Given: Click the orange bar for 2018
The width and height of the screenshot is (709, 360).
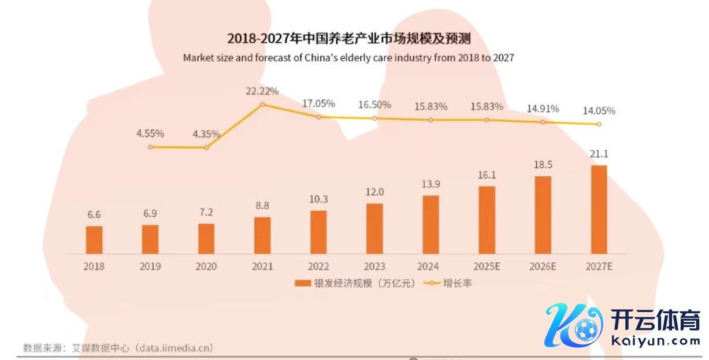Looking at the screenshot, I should (94, 240).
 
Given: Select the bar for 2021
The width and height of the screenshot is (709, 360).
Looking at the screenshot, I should (262, 235).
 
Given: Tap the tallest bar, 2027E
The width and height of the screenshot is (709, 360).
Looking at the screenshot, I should (599, 209).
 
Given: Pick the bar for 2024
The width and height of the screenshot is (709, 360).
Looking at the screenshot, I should (430, 224).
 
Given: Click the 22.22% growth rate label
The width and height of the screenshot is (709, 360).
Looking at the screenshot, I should (262, 91).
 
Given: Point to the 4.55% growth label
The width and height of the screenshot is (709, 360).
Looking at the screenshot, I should (150, 133).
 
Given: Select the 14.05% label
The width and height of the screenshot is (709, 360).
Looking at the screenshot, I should (599, 111).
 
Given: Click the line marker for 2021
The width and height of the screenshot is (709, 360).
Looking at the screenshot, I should (262, 105).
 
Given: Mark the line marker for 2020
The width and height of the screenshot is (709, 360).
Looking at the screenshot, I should (206, 147).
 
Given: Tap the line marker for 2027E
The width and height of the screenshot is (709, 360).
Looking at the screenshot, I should (599, 124).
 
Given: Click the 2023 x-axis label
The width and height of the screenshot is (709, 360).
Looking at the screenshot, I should (374, 266).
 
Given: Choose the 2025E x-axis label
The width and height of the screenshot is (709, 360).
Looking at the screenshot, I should (487, 266).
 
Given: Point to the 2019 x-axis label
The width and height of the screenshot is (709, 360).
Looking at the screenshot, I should (150, 266).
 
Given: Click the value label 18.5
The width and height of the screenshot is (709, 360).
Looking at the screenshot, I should (543, 165).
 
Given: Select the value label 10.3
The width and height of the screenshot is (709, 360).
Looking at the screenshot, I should (318, 199).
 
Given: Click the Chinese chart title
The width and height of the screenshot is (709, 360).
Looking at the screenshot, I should (349, 39).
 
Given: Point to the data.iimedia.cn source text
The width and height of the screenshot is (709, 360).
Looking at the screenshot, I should (173, 347).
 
